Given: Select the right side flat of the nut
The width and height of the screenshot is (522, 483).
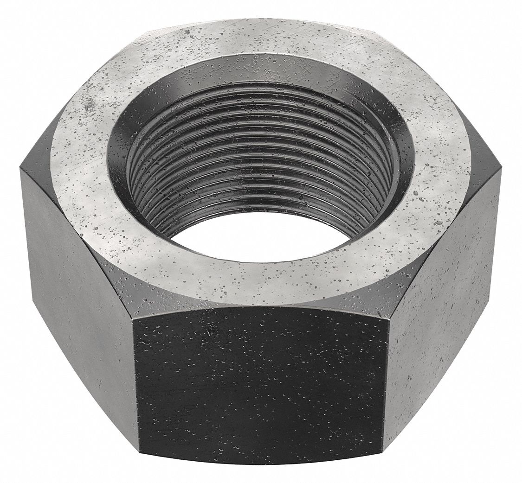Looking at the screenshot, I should (443, 287).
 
